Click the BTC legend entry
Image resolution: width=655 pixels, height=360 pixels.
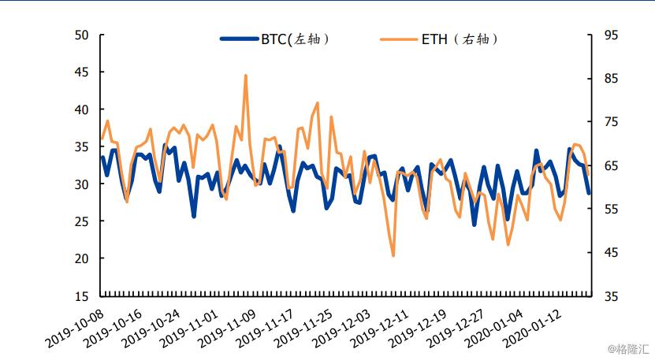pos(274,39)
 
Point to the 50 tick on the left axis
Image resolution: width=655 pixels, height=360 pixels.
pos(82,35)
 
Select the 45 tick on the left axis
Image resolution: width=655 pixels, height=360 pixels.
pos(82,72)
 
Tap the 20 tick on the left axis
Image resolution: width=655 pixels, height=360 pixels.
pos(82,259)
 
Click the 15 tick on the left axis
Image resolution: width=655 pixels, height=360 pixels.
pos(82,296)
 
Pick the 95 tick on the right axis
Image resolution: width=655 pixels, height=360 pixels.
pos(612,35)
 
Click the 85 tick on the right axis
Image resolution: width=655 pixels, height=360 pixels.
pos(612,79)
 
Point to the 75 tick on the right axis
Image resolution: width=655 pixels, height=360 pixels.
pos(612,122)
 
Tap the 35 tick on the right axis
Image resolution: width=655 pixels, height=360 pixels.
pos(612,296)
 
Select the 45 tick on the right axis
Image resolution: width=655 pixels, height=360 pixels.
pos(612,253)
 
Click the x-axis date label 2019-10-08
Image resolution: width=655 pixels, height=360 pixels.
pos(76,328)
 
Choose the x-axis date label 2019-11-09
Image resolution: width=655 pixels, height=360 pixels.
pos(227,328)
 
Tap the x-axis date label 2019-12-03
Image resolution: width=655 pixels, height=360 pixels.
pos(341,328)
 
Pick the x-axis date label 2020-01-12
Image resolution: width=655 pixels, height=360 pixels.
pos(530,328)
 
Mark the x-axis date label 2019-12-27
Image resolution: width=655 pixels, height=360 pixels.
pos(454,328)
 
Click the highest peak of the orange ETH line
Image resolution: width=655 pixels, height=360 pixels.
pos(246,76)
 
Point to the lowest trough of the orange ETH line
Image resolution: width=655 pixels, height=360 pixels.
pos(393,255)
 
